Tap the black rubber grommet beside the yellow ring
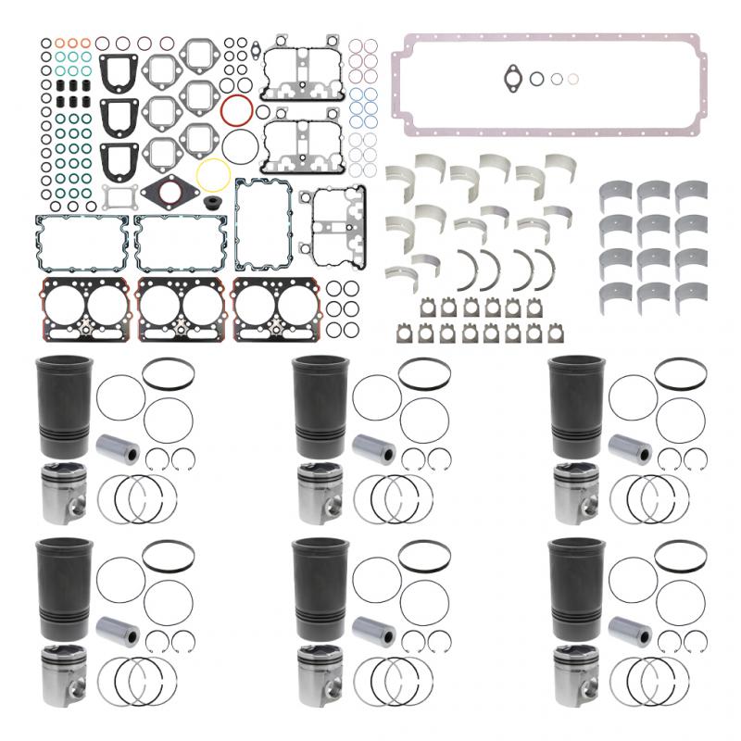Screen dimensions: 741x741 [x=221, y=201]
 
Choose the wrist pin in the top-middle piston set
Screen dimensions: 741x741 [x=373, y=453]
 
